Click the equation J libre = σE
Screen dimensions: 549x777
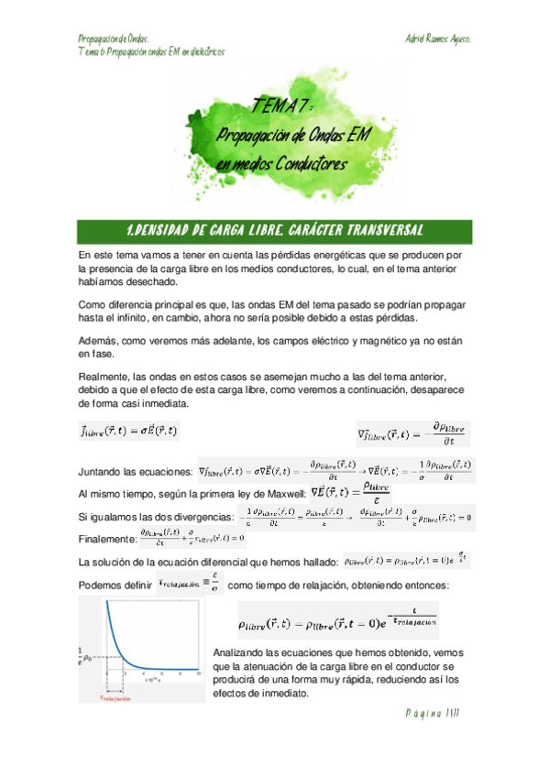(128, 430)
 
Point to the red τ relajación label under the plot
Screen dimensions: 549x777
(118, 696)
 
